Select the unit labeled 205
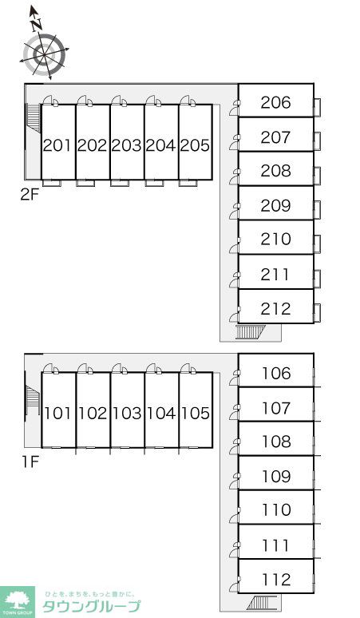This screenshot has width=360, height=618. click(196, 146)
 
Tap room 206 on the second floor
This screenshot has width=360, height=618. click(275, 102)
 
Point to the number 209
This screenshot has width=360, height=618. click(275, 205)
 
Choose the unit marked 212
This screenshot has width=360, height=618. click(275, 309)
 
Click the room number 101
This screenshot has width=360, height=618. click(59, 414)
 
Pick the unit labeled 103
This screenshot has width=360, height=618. click(127, 414)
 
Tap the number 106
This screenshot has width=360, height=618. click(276, 373)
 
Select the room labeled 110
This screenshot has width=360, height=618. click(276, 510)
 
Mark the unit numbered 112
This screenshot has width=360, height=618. click(276, 580)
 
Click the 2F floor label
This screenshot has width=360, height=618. click(30, 194)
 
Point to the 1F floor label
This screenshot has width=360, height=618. click(30, 462)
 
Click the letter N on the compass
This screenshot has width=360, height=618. click(37, 25)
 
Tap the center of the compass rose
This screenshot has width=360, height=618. click(44, 54)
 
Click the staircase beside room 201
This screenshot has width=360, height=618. click(33, 118)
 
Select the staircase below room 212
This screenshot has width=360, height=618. click(251, 332)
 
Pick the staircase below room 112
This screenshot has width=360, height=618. click(262, 603)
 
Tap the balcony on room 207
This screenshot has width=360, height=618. click(317, 141)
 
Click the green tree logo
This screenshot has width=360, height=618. click(18, 600)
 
